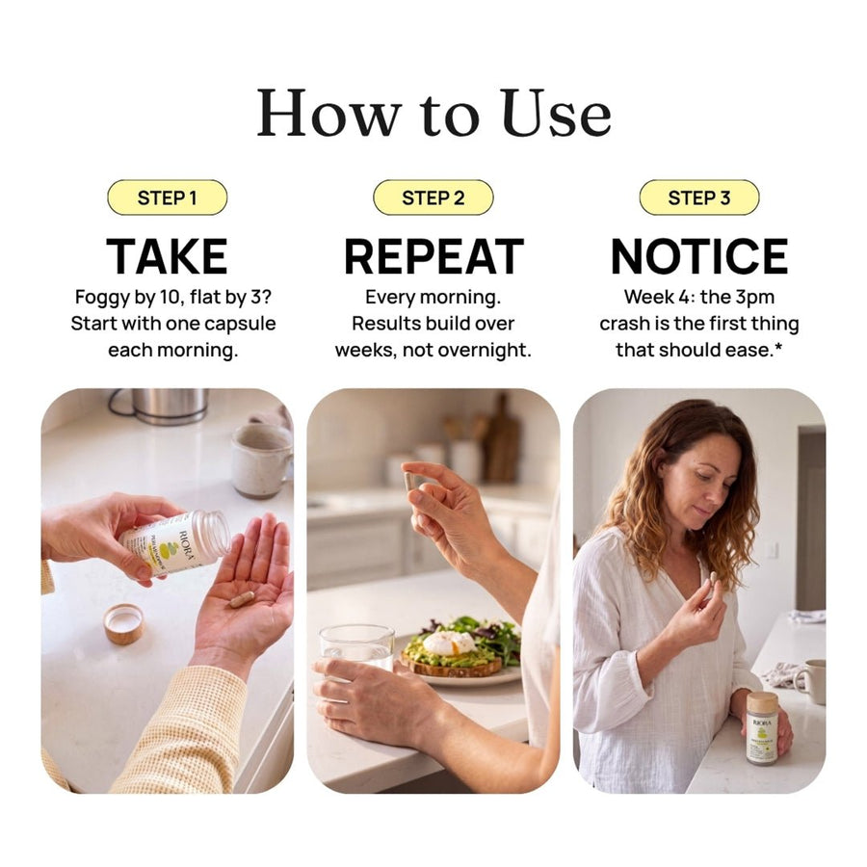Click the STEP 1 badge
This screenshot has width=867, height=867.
[x=167, y=197]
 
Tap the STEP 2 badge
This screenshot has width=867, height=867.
[x=433, y=197]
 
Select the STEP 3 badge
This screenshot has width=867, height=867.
[x=699, y=197]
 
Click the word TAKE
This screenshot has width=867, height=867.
[x=167, y=256]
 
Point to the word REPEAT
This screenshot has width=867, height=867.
[x=433, y=256]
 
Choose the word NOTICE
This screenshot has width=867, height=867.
[x=699, y=256]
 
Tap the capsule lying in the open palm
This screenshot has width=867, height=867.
[x=242, y=599]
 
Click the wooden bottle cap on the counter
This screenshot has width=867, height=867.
[x=124, y=624]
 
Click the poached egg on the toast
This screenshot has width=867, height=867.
[x=449, y=644]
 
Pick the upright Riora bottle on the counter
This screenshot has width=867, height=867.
[x=763, y=727]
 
